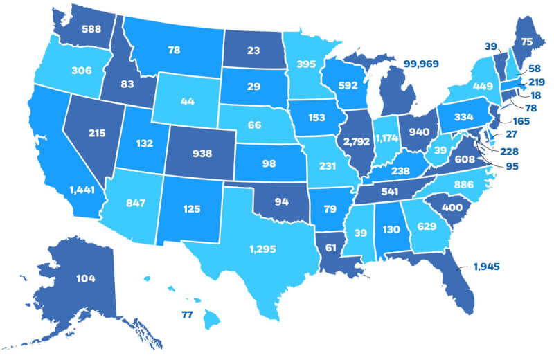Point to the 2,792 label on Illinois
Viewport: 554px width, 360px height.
(x=353, y=143)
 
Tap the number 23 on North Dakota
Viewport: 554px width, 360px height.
(x=252, y=50)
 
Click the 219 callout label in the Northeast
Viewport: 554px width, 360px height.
(x=537, y=82)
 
